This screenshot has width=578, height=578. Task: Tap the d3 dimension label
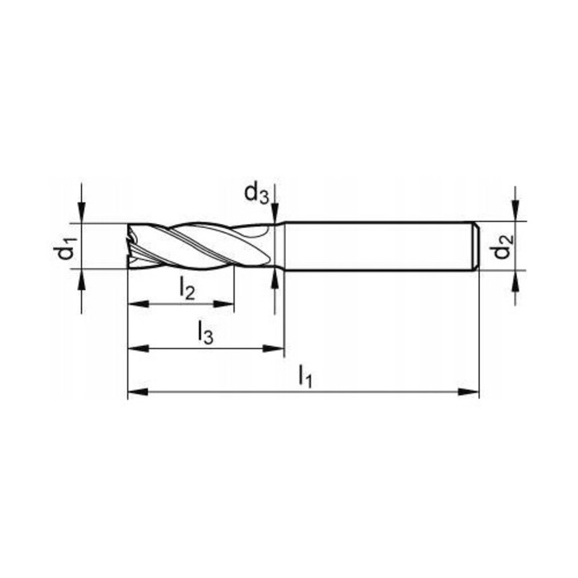click(256, 193)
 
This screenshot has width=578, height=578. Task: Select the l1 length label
click(305, 375)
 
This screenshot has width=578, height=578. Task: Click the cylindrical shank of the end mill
click(377, 245)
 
